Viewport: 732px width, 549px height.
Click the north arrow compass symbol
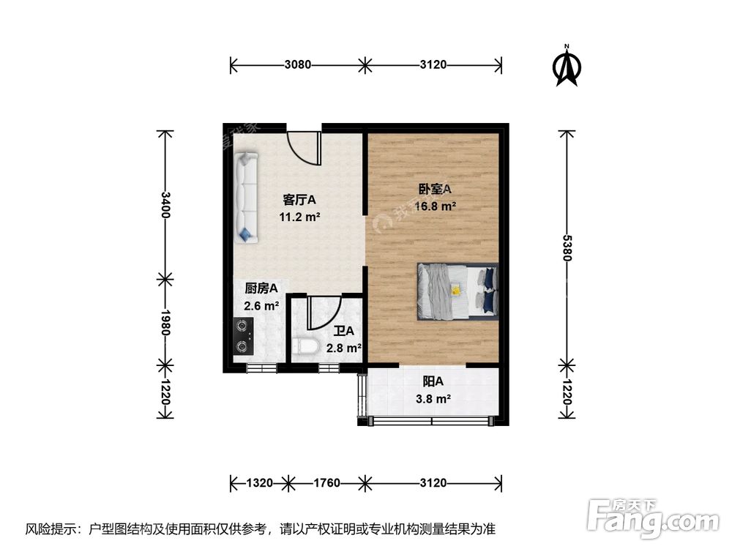pyautogui.click(x=566, y=66)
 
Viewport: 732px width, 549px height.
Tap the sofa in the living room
pyautogui.click(x=245, y=196)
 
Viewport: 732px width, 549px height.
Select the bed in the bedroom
pyautogui.click(x=458, y=291)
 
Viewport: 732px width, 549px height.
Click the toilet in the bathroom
pyautogui.click(x=305, y=346)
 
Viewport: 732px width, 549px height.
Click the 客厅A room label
pyautogui.click(x=299, y=199)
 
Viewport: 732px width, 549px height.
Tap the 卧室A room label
pyautogui.click(x=435, y=189)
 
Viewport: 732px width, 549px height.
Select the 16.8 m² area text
pyautogui.click(x=436, y=206)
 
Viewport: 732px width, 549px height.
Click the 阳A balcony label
pyautogui.click(x=433, y=381)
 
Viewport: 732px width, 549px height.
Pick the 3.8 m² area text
pyautogui.click(x=433, y=399)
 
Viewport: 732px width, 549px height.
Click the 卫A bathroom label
pyautogui.click(x=343, y=331)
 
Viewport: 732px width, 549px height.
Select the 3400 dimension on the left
pyautogui.click(x=166, y=204)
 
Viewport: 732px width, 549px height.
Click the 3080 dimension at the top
pyautogui.click(x=298, y=64)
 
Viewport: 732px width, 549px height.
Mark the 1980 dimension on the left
pyautogui.click(x=166, y=321)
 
